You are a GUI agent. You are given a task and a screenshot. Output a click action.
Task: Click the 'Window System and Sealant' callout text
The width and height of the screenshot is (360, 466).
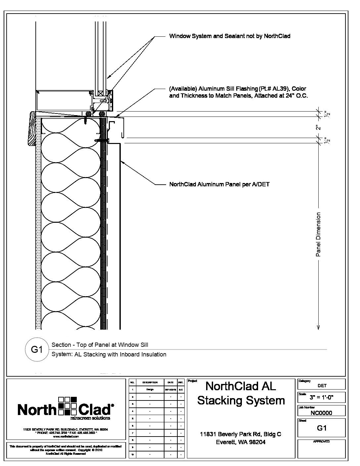(x=230, y=36)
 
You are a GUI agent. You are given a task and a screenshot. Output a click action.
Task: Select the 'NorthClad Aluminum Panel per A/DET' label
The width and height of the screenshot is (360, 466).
(x=219, y=184)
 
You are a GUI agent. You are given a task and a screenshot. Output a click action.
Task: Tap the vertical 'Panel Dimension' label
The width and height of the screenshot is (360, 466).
(x=318, y=234)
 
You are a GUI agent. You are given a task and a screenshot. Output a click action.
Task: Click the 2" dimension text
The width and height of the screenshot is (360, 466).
(x=318, y=127)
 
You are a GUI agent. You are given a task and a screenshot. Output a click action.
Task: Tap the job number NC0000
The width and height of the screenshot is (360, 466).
(x=321, y=413)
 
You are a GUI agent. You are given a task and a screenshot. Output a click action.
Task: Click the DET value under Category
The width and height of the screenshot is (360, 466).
(x=322, y=386)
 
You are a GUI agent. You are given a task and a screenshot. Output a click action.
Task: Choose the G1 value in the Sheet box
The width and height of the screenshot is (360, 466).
(x=322, y=428)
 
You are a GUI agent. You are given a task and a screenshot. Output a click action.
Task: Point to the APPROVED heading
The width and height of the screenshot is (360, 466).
(x=321, y=442)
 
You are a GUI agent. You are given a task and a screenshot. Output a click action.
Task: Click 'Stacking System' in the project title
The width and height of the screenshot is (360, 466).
(x=241, y=400)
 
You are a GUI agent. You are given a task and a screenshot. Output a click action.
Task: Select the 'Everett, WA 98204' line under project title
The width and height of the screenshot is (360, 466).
(x=241, y=442)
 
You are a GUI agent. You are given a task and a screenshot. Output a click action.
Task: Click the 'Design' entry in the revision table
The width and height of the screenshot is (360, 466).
(x=150, y=390)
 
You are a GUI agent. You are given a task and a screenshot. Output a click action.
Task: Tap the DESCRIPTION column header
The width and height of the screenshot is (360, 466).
(x=150, y=382)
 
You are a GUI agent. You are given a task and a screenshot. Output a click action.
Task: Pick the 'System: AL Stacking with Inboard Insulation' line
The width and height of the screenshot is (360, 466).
(x=109, y=354)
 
